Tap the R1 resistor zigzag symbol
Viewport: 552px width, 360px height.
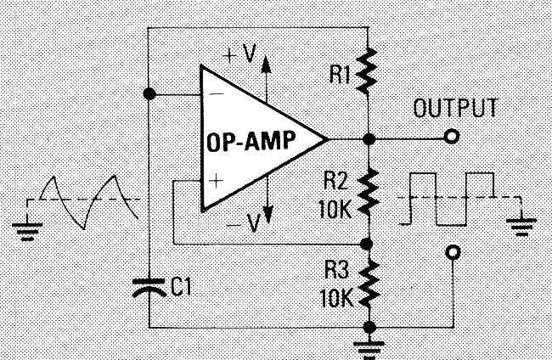point(368,71)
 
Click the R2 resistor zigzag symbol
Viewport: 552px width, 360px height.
point(368,192)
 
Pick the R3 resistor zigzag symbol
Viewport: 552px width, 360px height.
point(368,284)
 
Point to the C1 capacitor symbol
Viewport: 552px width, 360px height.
point(150,289)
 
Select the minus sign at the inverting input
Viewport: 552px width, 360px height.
point(216,94)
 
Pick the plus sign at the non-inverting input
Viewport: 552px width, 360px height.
point(216,180)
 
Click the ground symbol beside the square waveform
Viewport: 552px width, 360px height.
point(521,226)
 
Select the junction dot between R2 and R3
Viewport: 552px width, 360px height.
point(368,243)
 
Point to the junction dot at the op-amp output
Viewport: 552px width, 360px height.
point(368,138)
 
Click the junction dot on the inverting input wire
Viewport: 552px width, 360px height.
point(150,94)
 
